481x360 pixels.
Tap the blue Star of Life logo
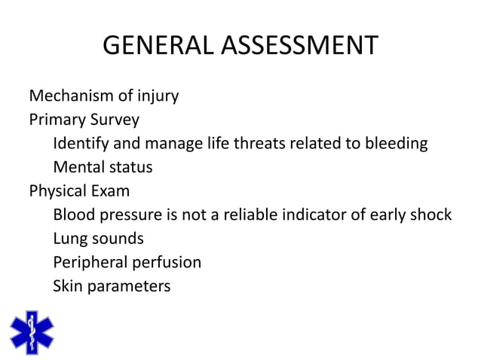(x=32, y=331)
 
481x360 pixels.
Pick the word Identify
(x=80, y=143)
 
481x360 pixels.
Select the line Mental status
(x=103, y=166)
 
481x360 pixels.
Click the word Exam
(x=112, y=191)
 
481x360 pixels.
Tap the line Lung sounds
(x=98, y=238)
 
